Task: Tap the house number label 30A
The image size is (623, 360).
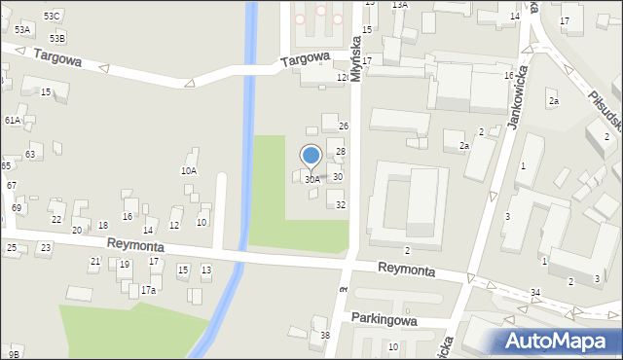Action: pos(311,180)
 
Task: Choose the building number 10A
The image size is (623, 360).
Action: pos(189,170)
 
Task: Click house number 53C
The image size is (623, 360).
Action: pos(52,17)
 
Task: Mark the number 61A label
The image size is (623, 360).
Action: pos(12,120)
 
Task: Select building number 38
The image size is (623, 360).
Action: pos(325,336)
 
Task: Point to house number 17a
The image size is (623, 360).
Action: pos(148,290)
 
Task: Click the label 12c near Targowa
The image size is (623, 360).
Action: pos(342,77)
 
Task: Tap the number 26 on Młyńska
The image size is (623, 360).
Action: pos(343,126)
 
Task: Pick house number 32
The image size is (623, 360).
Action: pos(341,205)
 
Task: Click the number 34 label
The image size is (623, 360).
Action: pos(535,293)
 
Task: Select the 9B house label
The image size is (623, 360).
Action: pos(14,352)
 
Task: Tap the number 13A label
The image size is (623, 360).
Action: pos(399,5)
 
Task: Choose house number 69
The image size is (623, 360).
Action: pos(17,208)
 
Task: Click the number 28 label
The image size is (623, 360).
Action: pos(341,152)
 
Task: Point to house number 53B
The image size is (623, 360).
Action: pos(57,39)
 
